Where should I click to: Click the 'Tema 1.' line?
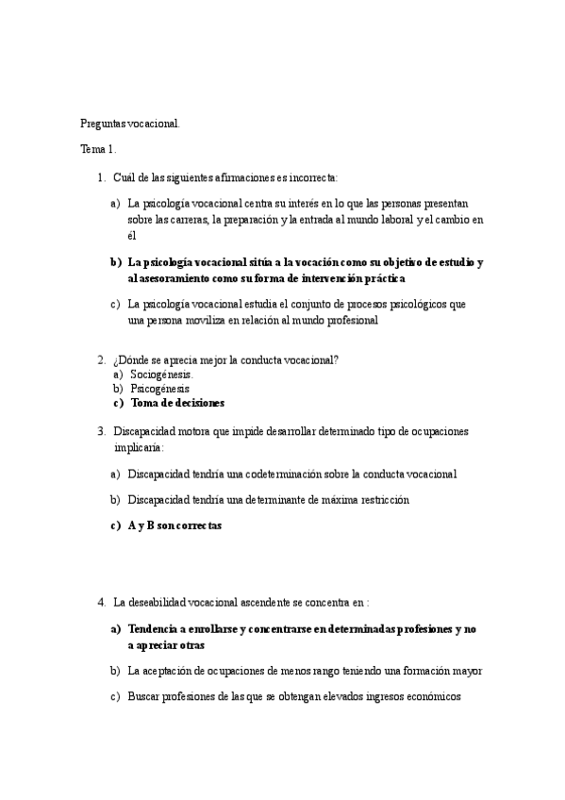tap(98, 150)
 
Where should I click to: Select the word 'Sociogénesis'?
tap(160, 374)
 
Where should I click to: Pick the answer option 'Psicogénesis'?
tap(159, 388)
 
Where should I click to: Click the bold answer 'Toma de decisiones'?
tap(177, 403)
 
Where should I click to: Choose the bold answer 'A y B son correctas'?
tap(174, 526)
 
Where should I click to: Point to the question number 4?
tap(101, 601)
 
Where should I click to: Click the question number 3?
tap(101, 431)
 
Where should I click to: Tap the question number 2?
tap(101, 359)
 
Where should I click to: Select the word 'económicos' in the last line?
tap(431, 697)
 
